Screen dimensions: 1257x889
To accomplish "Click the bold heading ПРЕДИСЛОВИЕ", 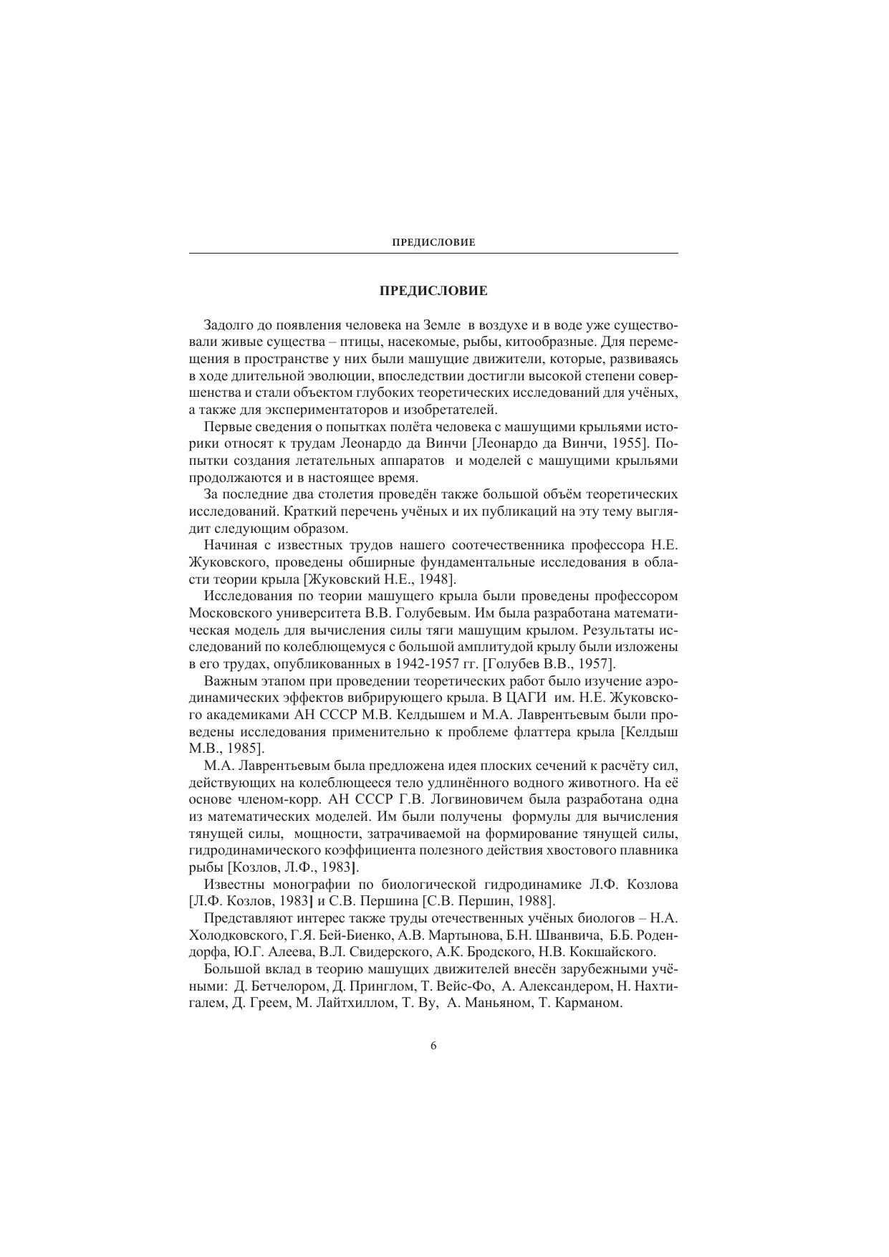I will click(x=433, y=291).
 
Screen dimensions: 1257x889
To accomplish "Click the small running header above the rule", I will click(x=433, y=243).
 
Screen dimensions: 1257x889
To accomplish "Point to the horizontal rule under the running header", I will click(x=433, y=253).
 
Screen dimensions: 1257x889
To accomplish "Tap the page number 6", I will click(x=433, y=1046).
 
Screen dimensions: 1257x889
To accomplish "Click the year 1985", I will click(x=241, y=748).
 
